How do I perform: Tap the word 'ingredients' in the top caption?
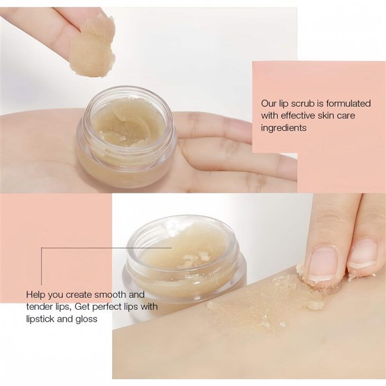click(x=284, y=128)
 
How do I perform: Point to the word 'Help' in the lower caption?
click(x=35, y=295)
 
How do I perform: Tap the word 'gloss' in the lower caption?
click(x=87, y=319)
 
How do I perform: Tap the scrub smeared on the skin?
click(x=264, y=304)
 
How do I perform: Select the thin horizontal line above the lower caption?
click(x=106, y=247)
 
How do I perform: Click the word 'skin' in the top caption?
click(x=328, y=116)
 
